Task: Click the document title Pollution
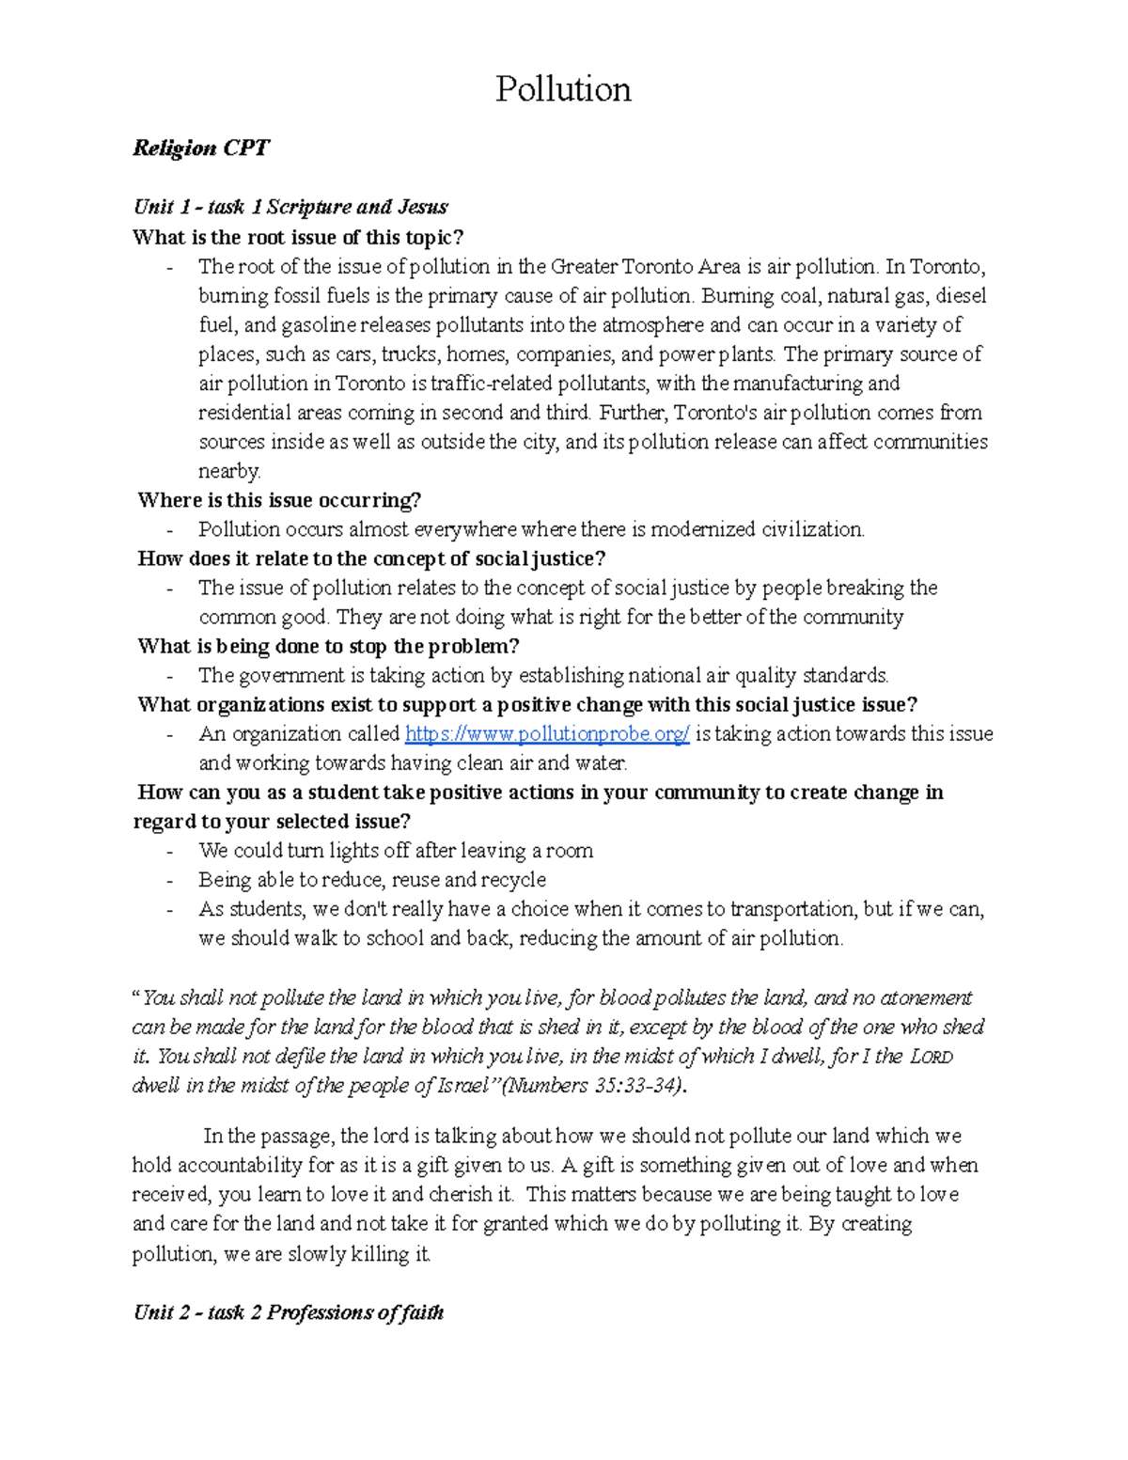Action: [x=563, y=89]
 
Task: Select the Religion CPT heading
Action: [x=201, y=149]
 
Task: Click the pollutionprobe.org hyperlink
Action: [x=547, y=734]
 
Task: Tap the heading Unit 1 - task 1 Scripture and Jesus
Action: [x=290, y=207]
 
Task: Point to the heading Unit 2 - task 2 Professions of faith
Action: [x=288, y=1312]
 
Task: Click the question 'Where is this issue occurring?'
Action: [x=279, y=500]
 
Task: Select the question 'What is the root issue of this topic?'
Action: [x=298, y=237]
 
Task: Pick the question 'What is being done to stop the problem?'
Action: [x=328, y=647]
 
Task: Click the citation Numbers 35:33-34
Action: [x=595, y=1086]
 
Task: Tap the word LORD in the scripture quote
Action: [x=932, y=1057]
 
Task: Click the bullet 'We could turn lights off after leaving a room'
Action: [x=396, y=851]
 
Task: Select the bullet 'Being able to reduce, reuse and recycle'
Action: [x=372, y=880]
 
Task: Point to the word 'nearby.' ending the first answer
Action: [x=229, y=471]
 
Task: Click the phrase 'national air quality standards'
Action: [x=758, y=676]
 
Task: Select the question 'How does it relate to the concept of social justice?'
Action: [x=371, y=558]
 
